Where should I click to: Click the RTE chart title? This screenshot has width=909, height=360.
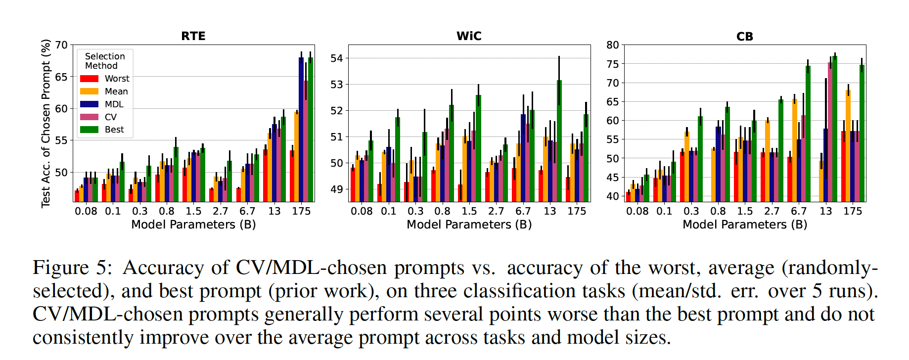193,36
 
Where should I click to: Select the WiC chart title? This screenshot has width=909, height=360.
469,36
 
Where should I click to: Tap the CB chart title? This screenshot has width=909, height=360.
744,37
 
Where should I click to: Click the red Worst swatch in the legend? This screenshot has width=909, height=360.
89,79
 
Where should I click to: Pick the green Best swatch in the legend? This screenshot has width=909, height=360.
89,130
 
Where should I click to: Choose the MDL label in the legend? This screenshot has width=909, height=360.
114,104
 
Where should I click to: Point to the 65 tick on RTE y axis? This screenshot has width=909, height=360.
61,77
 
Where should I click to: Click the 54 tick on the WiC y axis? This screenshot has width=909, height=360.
337,58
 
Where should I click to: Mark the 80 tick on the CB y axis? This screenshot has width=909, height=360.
613,45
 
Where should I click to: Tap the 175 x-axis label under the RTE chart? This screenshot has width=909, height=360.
301,211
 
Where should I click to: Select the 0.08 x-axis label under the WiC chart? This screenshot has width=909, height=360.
362,211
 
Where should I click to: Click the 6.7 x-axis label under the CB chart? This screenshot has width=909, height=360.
799,211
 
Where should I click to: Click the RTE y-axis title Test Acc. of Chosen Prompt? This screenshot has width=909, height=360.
46,123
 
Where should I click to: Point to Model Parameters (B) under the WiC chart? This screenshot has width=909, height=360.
469,225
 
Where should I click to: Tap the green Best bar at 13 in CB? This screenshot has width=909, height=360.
835,129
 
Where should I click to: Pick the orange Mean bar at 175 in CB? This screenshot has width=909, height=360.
848,145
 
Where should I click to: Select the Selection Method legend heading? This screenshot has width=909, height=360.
105,61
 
